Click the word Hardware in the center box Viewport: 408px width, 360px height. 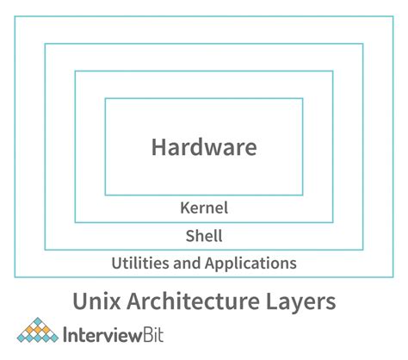(204, 146)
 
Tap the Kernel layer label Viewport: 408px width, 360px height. (204, 208)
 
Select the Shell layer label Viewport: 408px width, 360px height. (204, 235)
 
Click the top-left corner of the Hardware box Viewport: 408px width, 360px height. (105, 98)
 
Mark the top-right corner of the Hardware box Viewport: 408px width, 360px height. (303, 98)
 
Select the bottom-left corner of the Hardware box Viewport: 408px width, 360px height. (105, 196)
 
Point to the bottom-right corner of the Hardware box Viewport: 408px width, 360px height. (303, 196)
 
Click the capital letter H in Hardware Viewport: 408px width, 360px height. (158, 146)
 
